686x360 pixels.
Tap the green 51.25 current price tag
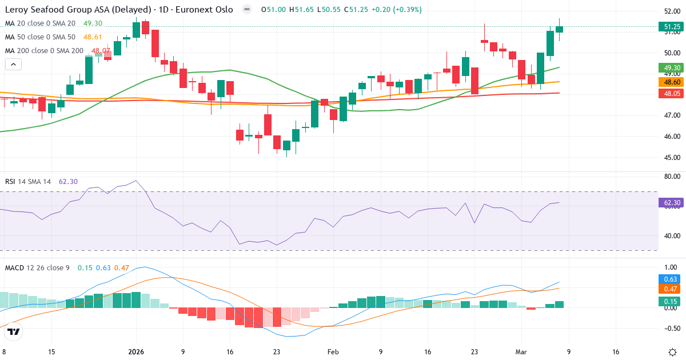click(x=671, y=26)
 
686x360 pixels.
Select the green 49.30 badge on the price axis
click(x=671, y=67)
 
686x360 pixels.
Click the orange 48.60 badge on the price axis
click(x=671, y=82)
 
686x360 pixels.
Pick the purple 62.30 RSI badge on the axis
click(x=671, y=202)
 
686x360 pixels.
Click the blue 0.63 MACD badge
click(x=671, y=279)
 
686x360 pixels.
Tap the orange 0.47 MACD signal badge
click(x=671, y=289)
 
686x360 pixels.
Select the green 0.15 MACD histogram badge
click(x=671, y=301)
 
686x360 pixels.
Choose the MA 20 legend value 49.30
click(x=93, y=23)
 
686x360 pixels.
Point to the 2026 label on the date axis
click(x=136, y=352)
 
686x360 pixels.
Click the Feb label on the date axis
click(x=333, y=352)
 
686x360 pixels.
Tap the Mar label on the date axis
click(x=521, y=352)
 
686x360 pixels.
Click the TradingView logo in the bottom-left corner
click(x=14, y=331)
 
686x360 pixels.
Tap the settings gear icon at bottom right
click(x=673, y=351)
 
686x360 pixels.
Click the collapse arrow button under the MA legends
click(x=13, y=64)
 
